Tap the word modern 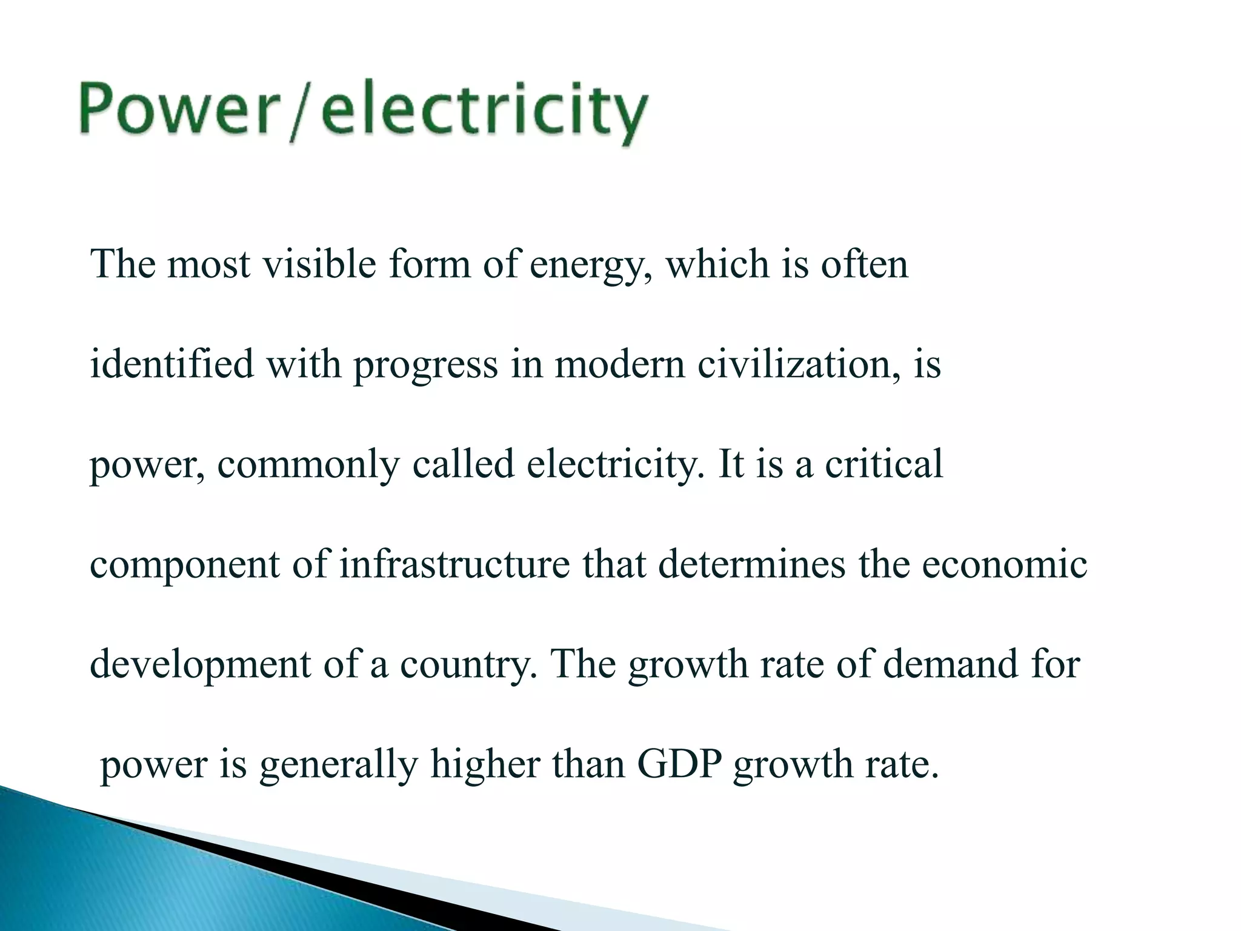tap(620, 364)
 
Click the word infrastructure tap(454, 564)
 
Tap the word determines tap(751, 564)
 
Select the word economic tap(1005, 564)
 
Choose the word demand tap(950, 664)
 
